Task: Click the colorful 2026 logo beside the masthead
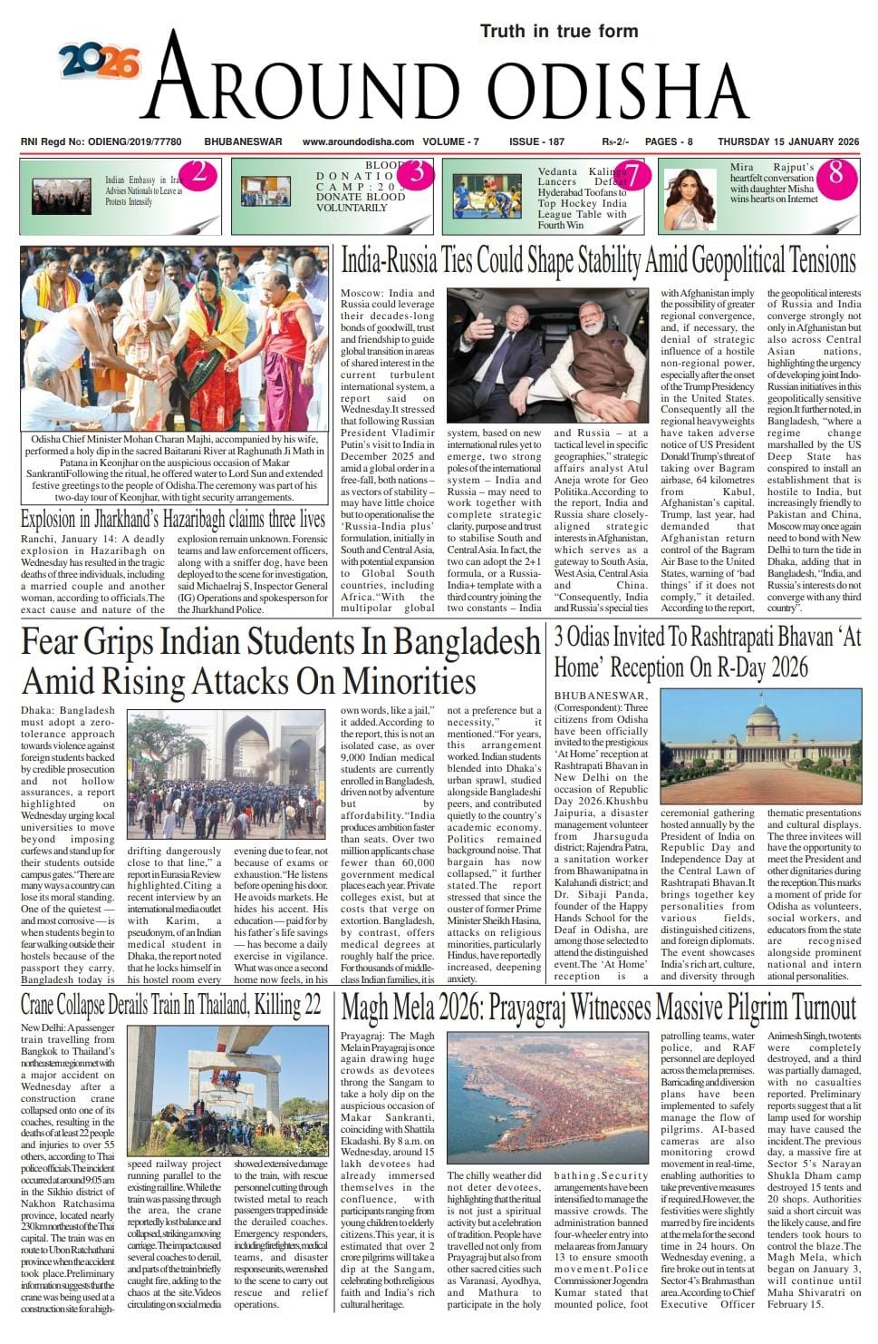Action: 99,62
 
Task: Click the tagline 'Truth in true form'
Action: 558,32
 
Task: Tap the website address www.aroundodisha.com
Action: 358,141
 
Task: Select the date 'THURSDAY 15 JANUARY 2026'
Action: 787,141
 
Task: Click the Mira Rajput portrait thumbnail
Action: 690,196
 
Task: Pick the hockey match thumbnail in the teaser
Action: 487,196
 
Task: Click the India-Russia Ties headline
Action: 598,262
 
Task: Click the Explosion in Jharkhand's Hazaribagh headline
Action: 173,520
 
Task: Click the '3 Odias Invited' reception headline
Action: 707,652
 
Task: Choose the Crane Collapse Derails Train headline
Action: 171,1006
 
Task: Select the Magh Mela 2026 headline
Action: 598,1008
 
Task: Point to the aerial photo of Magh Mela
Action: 547,1096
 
